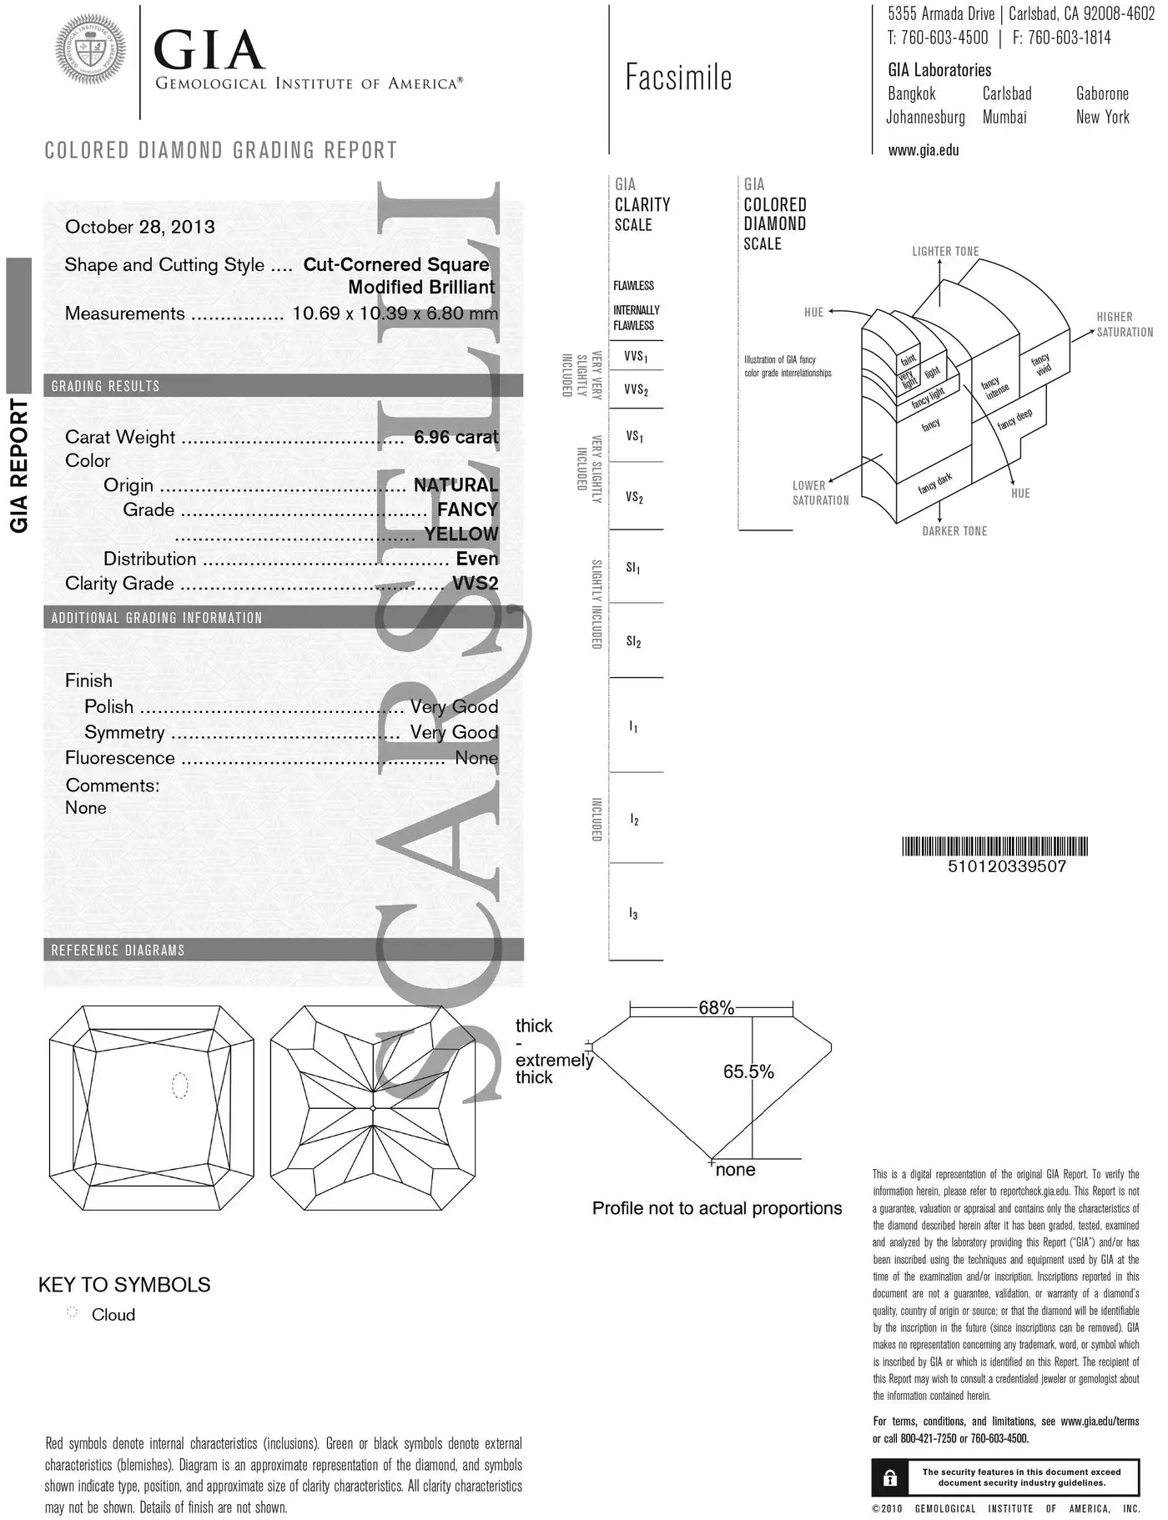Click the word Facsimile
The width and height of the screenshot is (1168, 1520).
tap(678, 78)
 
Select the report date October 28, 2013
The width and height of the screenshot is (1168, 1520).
tap(139, 227)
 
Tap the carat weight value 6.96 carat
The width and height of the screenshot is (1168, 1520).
tap(456, 437)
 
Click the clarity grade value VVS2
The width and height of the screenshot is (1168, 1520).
tap(475, 584)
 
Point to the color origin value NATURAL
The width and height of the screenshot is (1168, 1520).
tap(456, 485)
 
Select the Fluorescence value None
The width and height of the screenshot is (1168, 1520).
tap(476, 758)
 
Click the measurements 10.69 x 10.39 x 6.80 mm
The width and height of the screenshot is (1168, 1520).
tap(395, 314)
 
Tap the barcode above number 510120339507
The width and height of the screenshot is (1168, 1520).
tap(995, 846)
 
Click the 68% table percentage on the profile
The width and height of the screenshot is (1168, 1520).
tap(716, 1008)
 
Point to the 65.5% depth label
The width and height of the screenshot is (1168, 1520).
tap(748, 1071)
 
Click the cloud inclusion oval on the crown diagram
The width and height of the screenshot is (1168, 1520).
tap(179, 1085)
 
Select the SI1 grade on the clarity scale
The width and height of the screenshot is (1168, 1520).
tap(633, 568)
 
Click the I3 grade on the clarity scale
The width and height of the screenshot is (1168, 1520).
tap(633, 914)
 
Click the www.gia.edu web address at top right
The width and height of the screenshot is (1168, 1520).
tap(923, 151)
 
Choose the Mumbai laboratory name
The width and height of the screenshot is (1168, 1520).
tap(1004, 118)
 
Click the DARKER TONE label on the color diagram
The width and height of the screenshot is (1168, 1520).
tap(954, 531)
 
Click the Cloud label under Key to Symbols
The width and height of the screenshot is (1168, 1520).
tap(113, 1315)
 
